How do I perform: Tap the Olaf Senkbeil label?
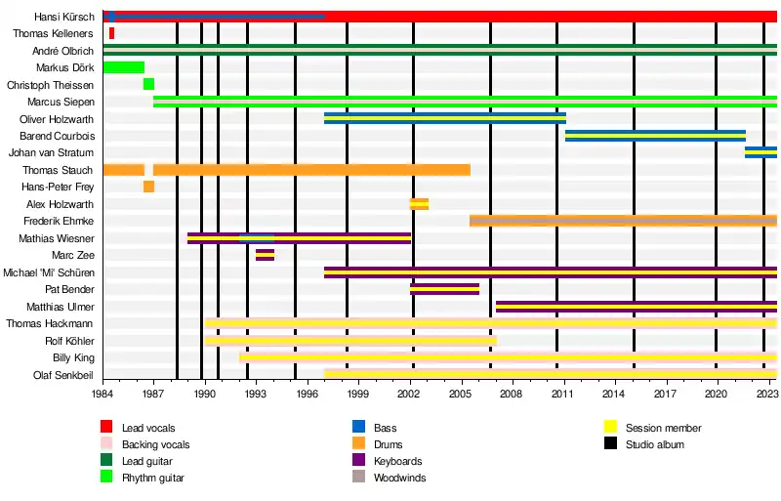pos(64,375)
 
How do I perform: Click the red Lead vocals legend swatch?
pos(106,428)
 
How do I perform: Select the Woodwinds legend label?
pos(399,479)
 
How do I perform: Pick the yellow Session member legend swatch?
pos(610,428)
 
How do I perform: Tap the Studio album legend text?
pos(655,444)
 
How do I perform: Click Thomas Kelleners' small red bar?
pos(111,33)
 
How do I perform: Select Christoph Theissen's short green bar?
pos(148,84)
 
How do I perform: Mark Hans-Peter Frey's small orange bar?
pos(148,187)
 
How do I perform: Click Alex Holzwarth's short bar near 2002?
pos(419,204)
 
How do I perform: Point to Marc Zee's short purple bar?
pos(265,255)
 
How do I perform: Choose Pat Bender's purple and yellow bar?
pos(444,289)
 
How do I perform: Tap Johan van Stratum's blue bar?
pos(760,152)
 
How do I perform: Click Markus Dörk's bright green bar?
pos(123,67)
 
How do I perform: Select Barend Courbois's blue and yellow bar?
pos(655,136)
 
